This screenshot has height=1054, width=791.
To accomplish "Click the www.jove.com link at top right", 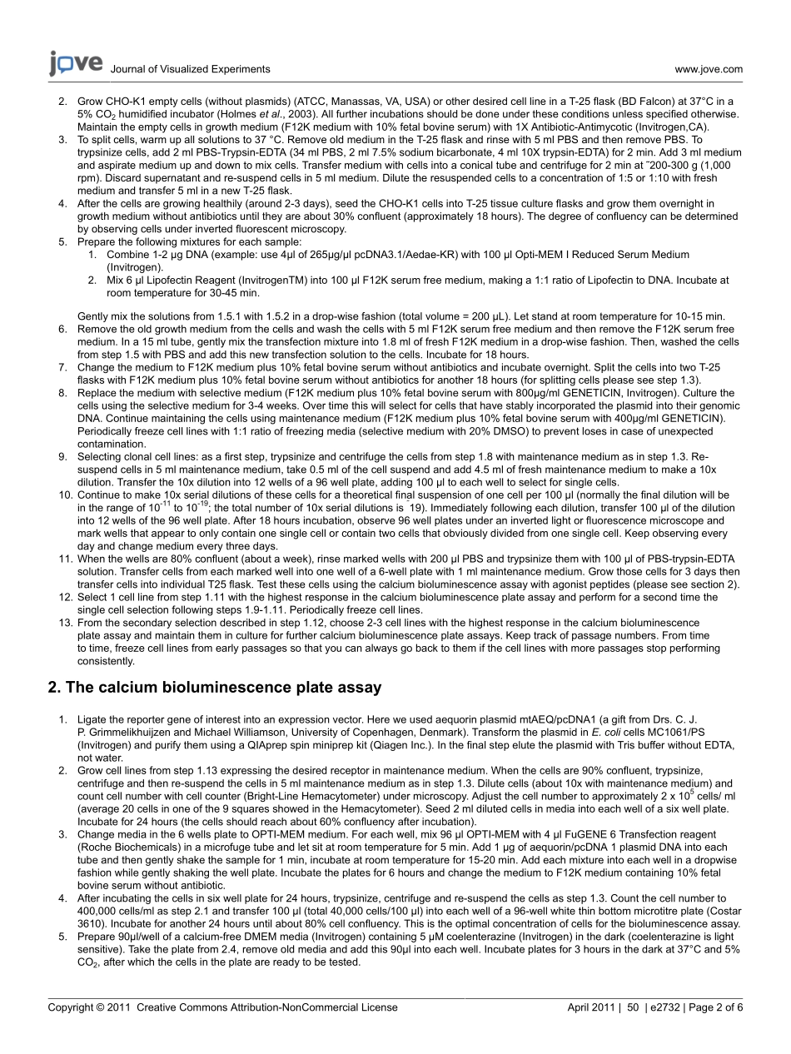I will click(x=709, y=70).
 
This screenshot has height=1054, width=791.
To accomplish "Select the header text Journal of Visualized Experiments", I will click(x=190, y=70).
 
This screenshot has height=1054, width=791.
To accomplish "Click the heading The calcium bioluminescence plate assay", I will click(x=216, y=688).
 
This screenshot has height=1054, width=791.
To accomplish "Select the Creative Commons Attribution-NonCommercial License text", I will click(x=266, y=1007).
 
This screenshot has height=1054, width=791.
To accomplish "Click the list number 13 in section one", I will click(x=63, y=623).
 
